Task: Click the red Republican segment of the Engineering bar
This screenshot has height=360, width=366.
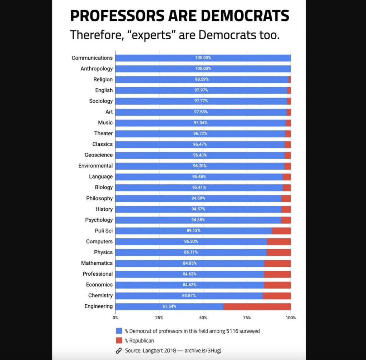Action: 257,306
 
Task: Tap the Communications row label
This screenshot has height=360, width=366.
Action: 92,58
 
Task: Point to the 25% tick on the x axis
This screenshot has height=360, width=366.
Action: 159,317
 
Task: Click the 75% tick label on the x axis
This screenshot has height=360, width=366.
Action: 247,317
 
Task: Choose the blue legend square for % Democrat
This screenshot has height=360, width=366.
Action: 119,331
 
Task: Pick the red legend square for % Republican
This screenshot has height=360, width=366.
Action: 119,341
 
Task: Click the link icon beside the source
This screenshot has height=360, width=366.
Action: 119,350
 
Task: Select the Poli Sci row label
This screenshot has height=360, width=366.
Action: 104,231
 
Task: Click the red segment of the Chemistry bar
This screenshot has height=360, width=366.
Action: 277,296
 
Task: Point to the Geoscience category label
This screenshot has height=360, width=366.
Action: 98,155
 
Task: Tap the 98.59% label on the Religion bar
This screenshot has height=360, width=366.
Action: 202,79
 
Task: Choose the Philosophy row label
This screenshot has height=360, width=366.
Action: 99,198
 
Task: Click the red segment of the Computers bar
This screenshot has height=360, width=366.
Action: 279,241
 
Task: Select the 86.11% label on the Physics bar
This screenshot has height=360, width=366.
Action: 191,252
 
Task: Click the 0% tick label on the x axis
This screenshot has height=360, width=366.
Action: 115,317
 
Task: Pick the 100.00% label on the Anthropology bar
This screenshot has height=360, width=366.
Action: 203,69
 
